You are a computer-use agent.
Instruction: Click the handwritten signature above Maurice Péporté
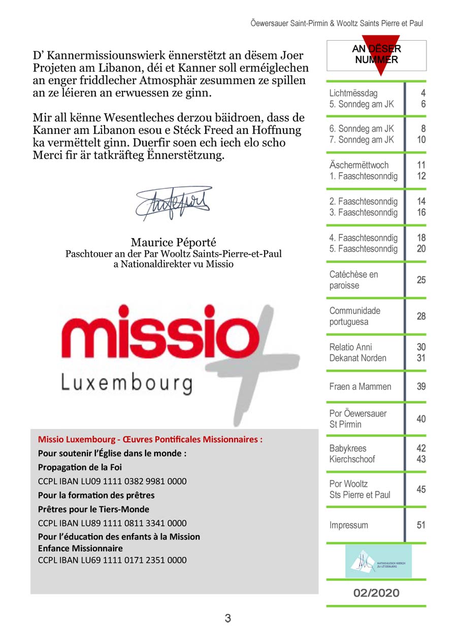(x=173, y=204)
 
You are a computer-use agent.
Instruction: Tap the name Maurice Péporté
(x=173, y=242)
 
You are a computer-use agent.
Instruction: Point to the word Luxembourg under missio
(x=126, y=384)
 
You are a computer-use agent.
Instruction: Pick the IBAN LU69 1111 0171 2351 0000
(x=112, y=560)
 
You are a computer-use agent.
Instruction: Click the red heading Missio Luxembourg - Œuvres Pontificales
(x=150, y=440)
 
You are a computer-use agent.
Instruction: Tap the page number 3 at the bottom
(x=228, y=618)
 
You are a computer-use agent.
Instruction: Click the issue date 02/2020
(x=376, y=593)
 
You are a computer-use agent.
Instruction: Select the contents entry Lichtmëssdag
(x=353, y=93)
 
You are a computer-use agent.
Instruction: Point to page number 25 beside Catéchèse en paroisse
(x=421, y=280)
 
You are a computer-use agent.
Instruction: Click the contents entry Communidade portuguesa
(x=355, y=316)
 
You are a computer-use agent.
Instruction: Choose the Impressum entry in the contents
(x=349, y=525)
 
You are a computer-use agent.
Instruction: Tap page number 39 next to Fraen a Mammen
(x=421, y=387)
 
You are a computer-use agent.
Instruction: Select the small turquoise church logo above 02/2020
(x=379, y=561)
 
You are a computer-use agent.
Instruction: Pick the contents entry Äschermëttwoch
(x=359, y=165)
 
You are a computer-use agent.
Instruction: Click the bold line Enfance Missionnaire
(x=80, y=548)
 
